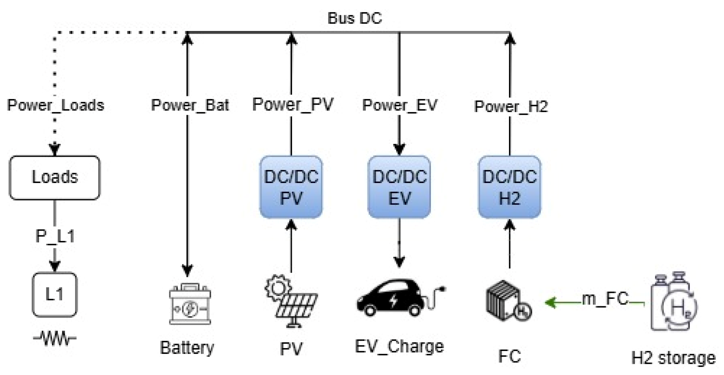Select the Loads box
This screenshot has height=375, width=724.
click(55, 178)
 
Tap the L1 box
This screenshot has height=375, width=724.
click(55, 295)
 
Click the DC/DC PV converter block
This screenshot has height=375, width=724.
click(291, 187)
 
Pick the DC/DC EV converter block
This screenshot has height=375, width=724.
click(399, 187)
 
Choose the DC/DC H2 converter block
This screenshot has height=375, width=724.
click(510, 187)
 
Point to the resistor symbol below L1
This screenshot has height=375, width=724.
click(55, 338)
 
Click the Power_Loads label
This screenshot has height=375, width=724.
click(56, 105)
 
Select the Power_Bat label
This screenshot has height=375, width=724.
click(190, 105)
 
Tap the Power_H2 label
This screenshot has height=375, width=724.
click(511, 107)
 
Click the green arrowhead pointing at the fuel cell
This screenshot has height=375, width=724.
click(550, 303)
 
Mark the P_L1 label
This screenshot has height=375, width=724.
click(55, 237)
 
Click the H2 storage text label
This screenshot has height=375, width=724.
click(674, 358)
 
